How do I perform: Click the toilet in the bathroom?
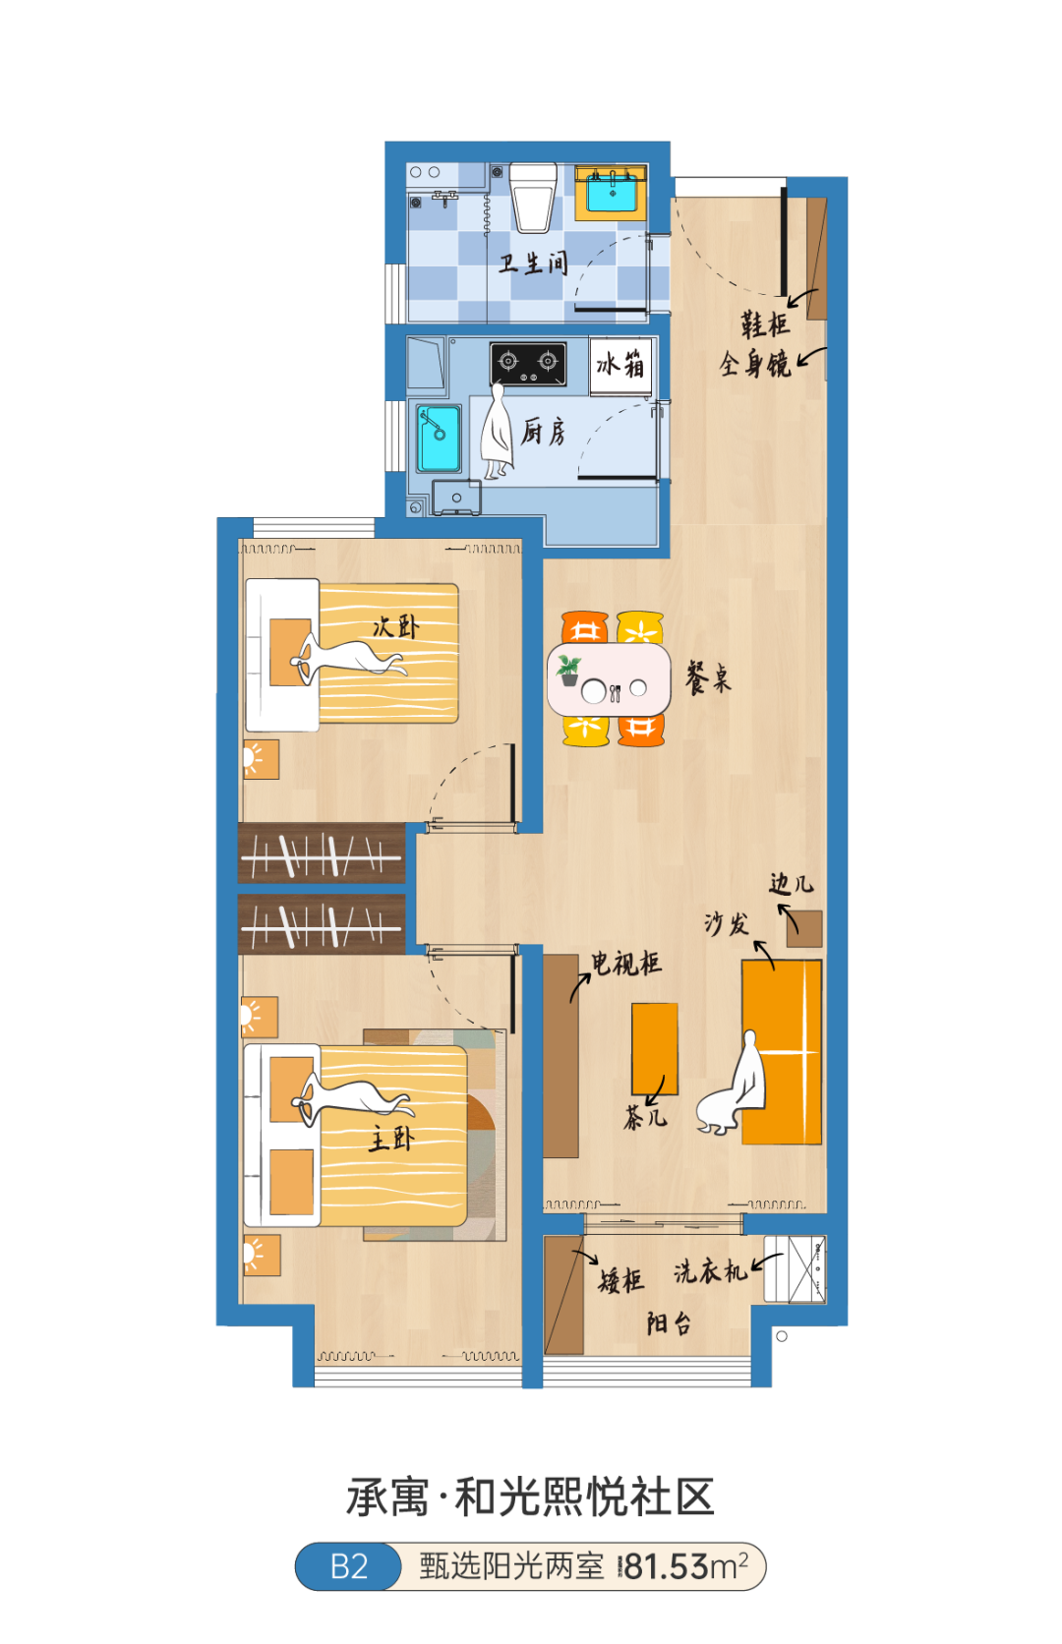533,197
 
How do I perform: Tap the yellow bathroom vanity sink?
611,193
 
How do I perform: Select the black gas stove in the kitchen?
528,363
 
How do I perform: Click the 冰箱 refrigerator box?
620,366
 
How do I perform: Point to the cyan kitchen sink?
439,439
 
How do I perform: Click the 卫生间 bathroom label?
534,263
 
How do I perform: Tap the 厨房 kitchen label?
543,432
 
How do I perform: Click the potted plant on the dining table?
568,671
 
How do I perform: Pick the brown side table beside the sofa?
804,929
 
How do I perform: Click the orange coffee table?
655,1049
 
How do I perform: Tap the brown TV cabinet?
560,1056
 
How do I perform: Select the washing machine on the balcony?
795,1269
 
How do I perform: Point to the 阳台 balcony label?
669,1323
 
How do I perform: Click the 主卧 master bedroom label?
391,1139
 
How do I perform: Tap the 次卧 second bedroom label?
395,626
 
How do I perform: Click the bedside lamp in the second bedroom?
261,759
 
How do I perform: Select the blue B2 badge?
349,1566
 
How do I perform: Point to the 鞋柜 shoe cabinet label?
765,323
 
